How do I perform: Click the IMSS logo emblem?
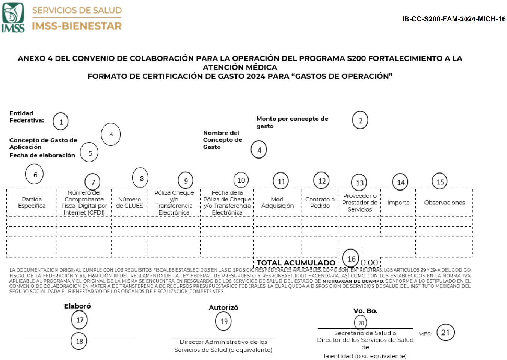pos(13,17)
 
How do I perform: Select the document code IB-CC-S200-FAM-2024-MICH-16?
pos(454,19)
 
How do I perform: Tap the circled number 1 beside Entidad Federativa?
pos(61,122)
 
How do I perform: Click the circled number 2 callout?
pos(360,121)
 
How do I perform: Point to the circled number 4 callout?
pos(259,150)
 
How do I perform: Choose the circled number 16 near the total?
pos(351,259)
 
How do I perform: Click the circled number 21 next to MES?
pos(445,333)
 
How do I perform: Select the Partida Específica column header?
pos(32,203)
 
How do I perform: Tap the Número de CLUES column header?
pos(130,203)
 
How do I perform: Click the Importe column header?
pos(398,203)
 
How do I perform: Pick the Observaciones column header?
pos(444,203)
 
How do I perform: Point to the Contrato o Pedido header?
pos(320,203)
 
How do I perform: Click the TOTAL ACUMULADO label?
pos(296,263)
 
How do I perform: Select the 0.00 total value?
pos(370,263)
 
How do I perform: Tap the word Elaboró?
pos(77,306)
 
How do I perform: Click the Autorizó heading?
pos(223,308)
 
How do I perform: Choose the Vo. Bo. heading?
pos(365,311)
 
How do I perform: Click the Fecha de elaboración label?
pos(42,156)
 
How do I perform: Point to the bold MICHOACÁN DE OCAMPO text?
pos(353,281)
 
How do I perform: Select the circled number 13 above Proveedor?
pos(360,183)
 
